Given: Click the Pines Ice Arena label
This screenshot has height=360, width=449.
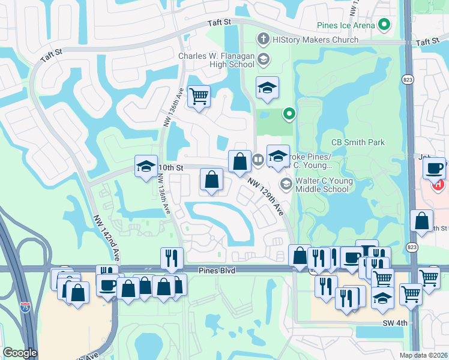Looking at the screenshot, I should coord(346,25).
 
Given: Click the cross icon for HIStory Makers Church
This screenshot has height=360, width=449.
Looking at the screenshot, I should coord(262,40).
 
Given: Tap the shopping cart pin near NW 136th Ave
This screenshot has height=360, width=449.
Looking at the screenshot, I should coord(199,96).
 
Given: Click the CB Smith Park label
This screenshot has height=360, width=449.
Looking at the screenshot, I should coord(358,142).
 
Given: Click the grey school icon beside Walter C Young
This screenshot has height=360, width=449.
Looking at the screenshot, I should coord(286,184).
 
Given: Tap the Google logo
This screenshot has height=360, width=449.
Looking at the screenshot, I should coord(20,353).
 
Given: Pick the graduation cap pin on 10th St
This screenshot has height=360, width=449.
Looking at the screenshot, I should coord(145,167).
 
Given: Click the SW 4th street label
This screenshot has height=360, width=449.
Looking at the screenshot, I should coord(394,323).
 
